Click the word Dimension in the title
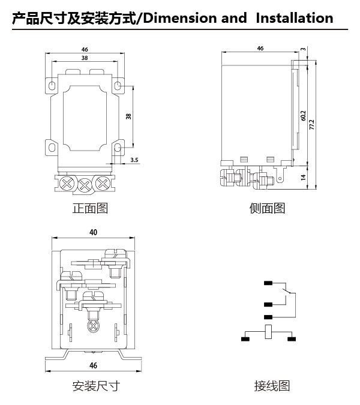click(180, 18)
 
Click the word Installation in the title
click(295, 18)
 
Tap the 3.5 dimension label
click(134, 160)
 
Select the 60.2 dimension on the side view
click(304, 115)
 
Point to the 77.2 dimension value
click(312, 124)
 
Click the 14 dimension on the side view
click(304, 177)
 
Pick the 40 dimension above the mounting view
click(93, 232)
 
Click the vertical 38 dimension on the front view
click(128, 116)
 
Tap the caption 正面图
click(90, 208)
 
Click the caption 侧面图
click(267, 208)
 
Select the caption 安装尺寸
click(96, 386)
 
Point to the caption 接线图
click(272, 386)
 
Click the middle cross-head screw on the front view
click(85, 185)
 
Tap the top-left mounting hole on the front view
click(52, 85)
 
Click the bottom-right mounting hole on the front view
click(118, 148)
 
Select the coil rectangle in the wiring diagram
click(269, 332)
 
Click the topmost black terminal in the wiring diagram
click(268, 283)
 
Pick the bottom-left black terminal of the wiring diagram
click(245, 339)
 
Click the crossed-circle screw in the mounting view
click(93, 326)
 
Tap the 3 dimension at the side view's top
click(304, 49)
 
